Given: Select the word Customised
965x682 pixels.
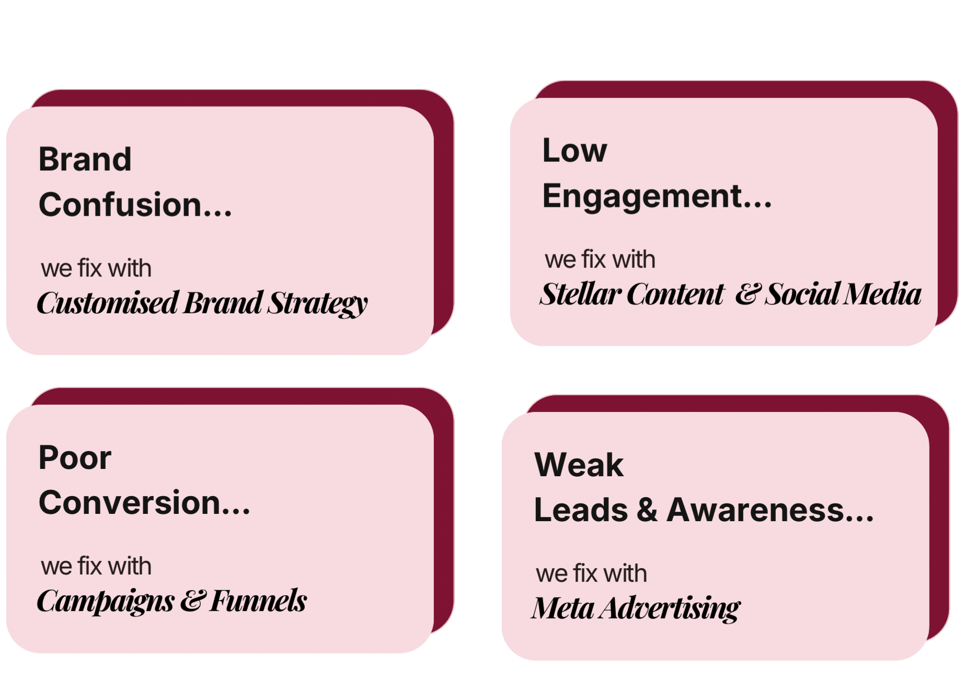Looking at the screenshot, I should [x=107, y=303].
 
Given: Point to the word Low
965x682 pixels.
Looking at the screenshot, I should [x=575, y=150].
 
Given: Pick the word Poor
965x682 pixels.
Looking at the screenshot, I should [x=75, y=458].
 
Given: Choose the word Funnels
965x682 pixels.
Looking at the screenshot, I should [x=258, y=601].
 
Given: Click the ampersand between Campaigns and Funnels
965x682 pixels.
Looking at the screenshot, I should [x=192, y=601].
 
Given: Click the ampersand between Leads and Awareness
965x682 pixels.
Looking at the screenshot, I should [x=647, y=510].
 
